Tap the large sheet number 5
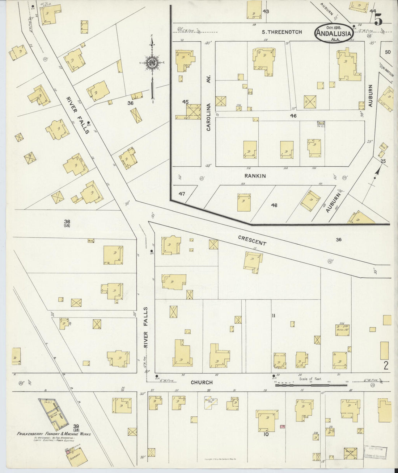[378, 19]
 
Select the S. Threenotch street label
[282, 32]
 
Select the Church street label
[202, 382]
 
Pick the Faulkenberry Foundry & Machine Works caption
[54, 434]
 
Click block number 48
[274, 205]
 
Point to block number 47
[182, 194]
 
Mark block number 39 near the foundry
[76, 427]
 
